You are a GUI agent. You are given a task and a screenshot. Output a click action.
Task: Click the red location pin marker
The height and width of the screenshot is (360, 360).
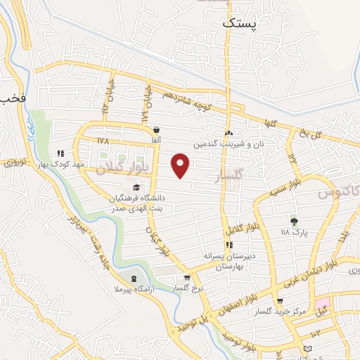coord(181,166)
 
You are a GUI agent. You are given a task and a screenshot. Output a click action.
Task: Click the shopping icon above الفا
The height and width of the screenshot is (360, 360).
coord(155,130)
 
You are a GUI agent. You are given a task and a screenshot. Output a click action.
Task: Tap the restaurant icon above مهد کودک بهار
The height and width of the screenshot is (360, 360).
coord(60,153)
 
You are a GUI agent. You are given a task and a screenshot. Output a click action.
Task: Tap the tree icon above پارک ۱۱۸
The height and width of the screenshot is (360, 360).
coord(295,220)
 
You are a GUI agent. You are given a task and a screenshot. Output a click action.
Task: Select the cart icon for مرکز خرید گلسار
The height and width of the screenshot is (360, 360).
coord(281,301)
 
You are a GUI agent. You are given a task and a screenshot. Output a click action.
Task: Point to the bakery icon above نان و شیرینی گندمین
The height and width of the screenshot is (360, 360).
coord(228,133)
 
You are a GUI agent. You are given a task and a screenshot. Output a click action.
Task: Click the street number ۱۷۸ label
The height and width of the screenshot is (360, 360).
coord(103,141)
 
